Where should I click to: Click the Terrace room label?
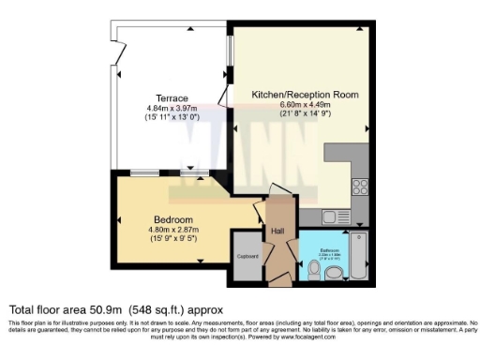point(172,98)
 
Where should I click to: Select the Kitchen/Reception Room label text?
point(298,95)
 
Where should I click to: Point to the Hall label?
point(277,231)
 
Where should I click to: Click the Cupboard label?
point(247,255)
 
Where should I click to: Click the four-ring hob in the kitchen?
point(360,185)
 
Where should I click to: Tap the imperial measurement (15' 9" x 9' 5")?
point(174,238)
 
